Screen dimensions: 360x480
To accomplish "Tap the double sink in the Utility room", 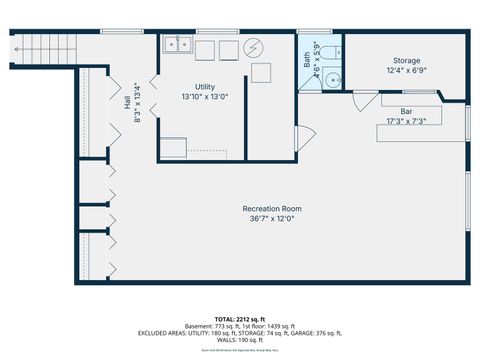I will tap(179, 45).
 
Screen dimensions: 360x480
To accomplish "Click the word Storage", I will tap(406, 61).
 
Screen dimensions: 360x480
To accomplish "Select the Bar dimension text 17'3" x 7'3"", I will tap(407, 121).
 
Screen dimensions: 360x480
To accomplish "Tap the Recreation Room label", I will tap(272, 209).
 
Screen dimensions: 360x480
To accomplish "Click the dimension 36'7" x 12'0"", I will tap(272, 219).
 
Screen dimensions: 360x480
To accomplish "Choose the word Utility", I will tap(205, 88).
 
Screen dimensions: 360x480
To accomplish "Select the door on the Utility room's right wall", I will tap(303, 137).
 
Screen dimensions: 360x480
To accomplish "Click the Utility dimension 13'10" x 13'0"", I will tap(205, 98).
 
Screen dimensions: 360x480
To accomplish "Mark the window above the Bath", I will tap(312, 32).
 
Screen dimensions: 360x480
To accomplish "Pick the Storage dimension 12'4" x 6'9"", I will tap(406, 71).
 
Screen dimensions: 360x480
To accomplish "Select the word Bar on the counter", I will tap(407, 111).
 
